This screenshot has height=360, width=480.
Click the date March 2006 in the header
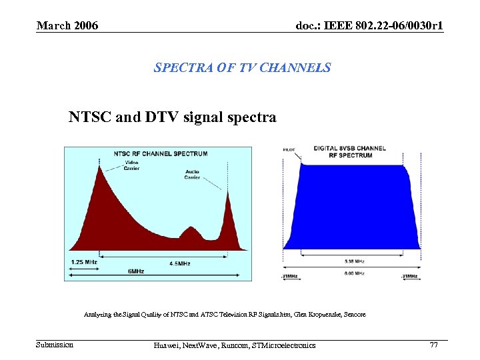[x=67, y=25]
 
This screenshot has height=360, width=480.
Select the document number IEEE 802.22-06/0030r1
[x=370, y=25]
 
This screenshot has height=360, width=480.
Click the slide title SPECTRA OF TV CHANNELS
[x=242, y=67]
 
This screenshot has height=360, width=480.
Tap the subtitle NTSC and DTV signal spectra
[x=172, y=117]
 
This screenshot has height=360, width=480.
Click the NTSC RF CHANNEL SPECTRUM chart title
[x=160, y=153]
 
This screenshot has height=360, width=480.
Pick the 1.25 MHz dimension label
[x=84, y=262]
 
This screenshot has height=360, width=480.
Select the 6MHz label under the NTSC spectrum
[x=136, y=271]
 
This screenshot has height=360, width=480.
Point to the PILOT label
[x=289, y=150]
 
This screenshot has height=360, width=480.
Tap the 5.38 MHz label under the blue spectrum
[x=355, y=261]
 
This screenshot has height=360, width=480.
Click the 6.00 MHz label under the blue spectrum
[x=355, y=273]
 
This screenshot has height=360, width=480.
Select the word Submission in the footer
[x=55, y=345]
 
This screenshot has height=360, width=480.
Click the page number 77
[x=433, y=345]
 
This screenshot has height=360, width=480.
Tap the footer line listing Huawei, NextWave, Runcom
[x=234, y=345]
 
